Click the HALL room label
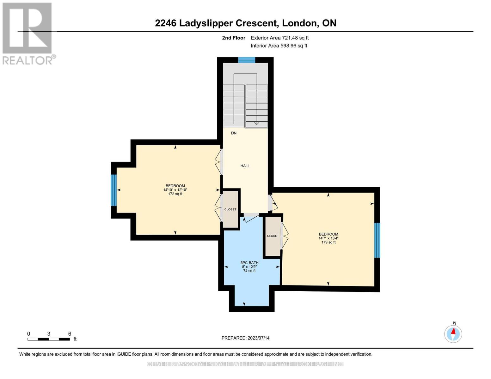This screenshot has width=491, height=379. pos(245,166)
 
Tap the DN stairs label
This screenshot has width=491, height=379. pos(234,133)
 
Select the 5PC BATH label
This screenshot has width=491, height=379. pos(249,263)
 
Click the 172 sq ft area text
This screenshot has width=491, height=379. pos(175,194)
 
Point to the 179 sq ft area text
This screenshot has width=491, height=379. pos(328,242)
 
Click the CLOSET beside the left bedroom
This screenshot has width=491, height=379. pos(230,209)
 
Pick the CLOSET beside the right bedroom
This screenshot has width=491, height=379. pos(273,236)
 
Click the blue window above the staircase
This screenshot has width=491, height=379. pos(247,60)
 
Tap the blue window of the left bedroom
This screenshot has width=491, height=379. pos(114,190)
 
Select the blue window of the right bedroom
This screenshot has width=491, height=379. pos(377,240)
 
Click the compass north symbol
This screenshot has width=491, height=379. pos(453,334)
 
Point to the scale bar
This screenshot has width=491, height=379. pos(49,339)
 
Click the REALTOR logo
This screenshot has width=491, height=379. pos(28,33)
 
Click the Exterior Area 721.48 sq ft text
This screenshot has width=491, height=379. pos(279,38)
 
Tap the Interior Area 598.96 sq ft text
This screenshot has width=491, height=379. pos(279,46)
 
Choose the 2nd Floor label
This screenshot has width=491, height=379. pos(234,38)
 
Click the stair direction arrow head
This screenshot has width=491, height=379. pos(257,123)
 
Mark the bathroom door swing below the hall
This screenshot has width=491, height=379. pos(251,217)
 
